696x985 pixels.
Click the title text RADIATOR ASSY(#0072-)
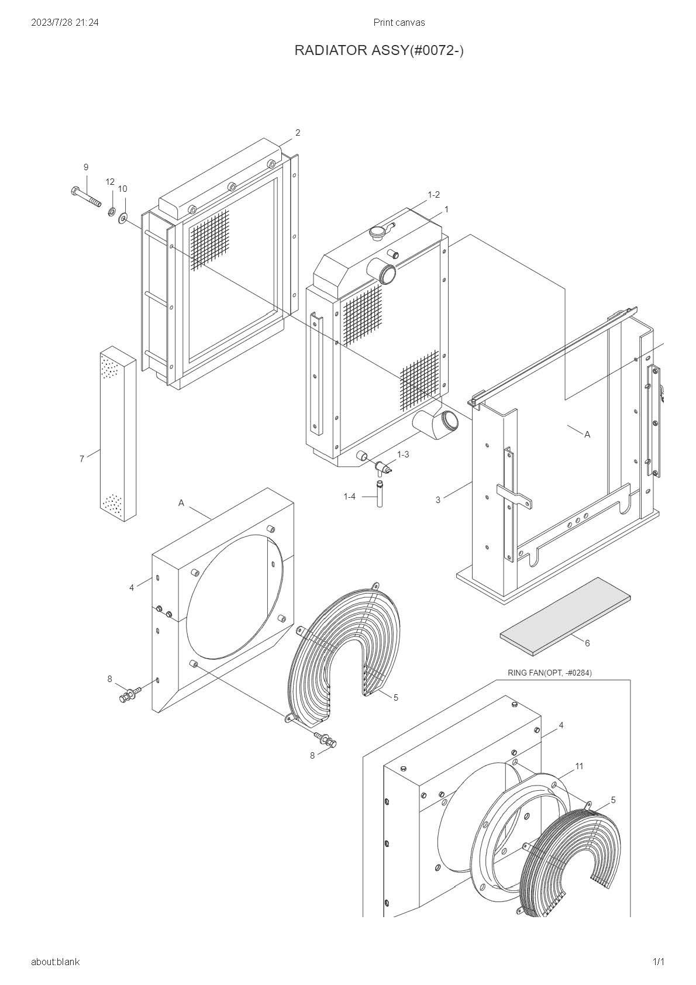pos(379,51)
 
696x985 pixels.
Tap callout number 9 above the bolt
pos(86,167)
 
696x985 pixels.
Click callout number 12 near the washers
pos(110,182)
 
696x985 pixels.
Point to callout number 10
pos(122,189)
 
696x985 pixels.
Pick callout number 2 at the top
pos(298,133)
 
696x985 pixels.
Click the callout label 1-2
pos(433,195)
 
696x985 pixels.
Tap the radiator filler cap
pos(379,230)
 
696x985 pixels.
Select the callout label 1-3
pos(403,454)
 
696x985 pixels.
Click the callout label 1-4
pos(349,497)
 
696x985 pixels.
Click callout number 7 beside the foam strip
pos(82,459)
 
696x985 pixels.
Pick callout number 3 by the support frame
pos(438,500)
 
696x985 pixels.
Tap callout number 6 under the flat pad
pos(587,643)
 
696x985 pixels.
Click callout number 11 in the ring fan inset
pos(579,766)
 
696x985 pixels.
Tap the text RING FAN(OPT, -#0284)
pos(549,673)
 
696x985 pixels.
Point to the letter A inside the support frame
pos(587,435)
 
